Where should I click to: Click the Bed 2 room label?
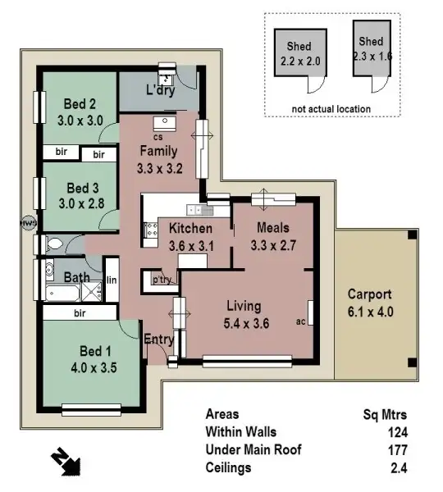tap(80, 103)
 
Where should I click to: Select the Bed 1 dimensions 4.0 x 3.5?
tap(93, 367)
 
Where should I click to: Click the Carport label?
tap(369, 294)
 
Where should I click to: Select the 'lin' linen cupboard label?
tap(111, 280)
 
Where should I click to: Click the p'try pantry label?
tap(161, 280)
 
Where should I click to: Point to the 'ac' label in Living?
tap(300, 321)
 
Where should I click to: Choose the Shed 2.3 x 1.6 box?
tap(370, 52)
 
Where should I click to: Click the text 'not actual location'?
tap(331, 108)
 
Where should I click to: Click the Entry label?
tap(158, 339)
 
